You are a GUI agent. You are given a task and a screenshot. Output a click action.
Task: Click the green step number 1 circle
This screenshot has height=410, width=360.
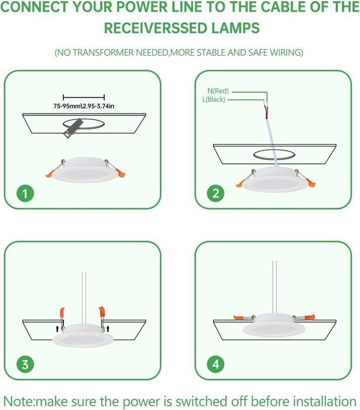25,193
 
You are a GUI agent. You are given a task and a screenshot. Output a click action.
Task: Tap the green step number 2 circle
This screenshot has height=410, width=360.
215,193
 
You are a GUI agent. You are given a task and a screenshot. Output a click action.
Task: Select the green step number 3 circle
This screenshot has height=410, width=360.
25,364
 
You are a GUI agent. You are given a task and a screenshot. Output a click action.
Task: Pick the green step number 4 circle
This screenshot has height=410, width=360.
215,364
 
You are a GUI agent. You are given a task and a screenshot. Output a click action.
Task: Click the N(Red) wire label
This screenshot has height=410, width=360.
218,91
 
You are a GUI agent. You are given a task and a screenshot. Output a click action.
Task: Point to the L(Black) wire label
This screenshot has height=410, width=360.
214,100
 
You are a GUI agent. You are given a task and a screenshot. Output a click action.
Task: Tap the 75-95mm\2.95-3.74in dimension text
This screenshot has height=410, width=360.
84,106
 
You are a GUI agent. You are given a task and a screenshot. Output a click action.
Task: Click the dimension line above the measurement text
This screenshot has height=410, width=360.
84,97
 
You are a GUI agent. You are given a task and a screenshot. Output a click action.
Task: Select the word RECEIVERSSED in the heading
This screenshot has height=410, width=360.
156,28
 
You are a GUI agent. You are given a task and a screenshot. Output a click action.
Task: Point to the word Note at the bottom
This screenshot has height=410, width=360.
19,401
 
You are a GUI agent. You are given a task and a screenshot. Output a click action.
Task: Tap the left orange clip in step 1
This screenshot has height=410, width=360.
50,174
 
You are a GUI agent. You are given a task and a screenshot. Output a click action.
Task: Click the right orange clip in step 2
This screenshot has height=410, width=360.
311,183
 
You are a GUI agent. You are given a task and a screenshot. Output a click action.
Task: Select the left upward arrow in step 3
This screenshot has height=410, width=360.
57,329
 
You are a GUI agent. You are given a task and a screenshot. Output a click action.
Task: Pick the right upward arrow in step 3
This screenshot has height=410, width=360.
108,329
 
